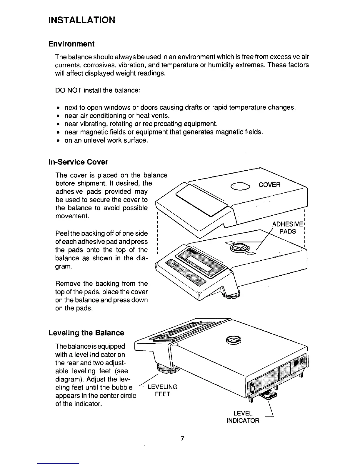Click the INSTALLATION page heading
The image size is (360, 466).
81,20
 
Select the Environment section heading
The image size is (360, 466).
71,44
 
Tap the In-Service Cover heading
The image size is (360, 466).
78,162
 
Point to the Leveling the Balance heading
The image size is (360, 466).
86,333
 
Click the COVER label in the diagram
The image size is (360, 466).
269,185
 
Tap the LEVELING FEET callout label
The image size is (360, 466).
162,390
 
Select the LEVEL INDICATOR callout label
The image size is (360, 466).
243,417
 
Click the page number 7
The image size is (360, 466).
182,439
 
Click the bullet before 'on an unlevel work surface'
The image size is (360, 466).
59,141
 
